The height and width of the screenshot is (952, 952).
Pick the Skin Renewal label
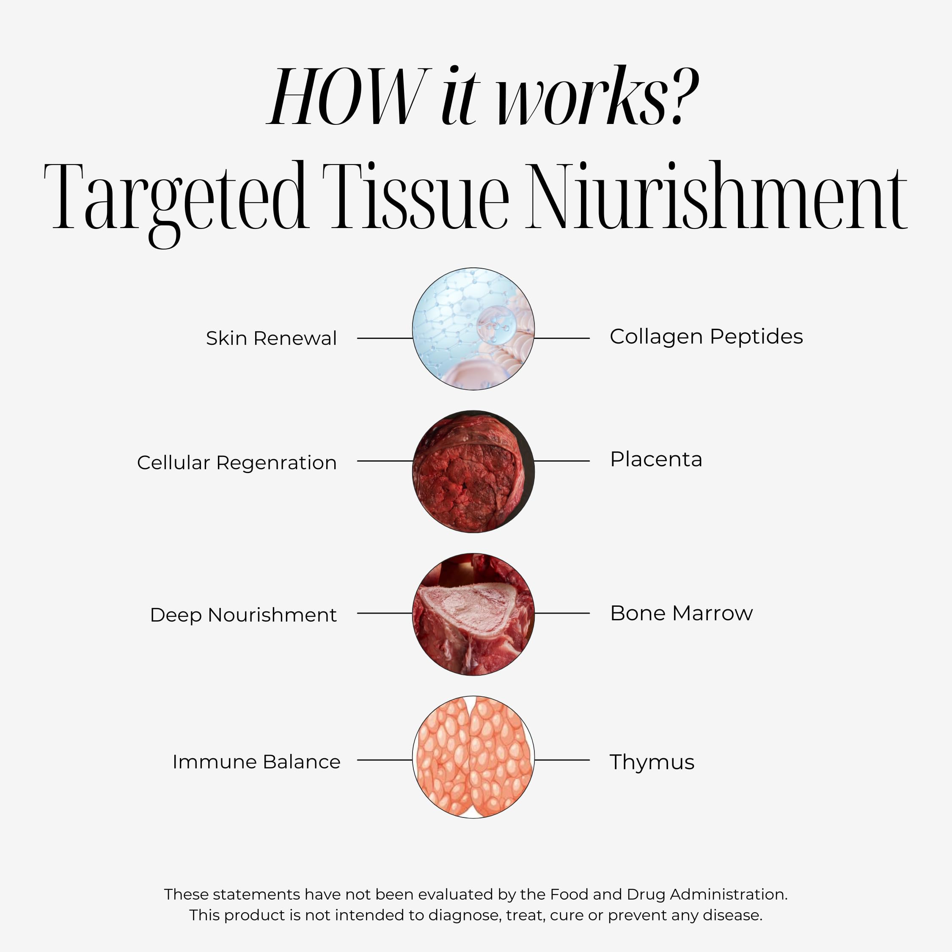click(x=272, y=338)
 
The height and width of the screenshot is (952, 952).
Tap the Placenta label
click(x=656, y=459)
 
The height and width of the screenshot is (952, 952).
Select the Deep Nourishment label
click(x=243, y=615)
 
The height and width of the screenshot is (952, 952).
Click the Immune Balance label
click(x=256, y=762)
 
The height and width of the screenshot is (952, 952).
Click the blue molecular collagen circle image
click(x=473, y=329)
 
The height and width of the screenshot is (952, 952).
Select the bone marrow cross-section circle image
click(x=473, y=614)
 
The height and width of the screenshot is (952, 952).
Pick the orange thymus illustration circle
click(x=473, y=757)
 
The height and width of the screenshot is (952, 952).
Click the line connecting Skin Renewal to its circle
click(x=385, y=338)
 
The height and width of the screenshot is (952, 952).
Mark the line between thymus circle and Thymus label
click(x=562, y=760)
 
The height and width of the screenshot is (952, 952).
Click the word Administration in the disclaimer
click(x=728, y=894)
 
